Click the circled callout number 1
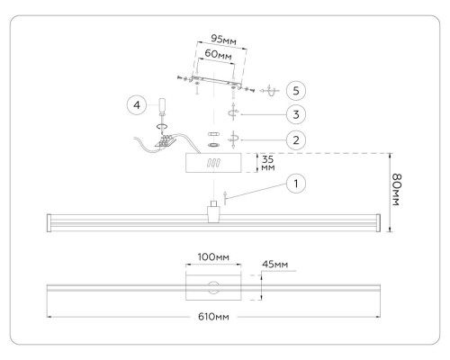(296, 184)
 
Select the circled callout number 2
(296, 140)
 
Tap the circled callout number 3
(296, 114)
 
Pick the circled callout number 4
(137, 105)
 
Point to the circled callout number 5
(296, 91)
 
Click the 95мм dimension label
(223, 40)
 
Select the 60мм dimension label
(218, 54)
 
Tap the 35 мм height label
(267, 163)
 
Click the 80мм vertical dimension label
(396, 190)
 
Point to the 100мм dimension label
(213, 257)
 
